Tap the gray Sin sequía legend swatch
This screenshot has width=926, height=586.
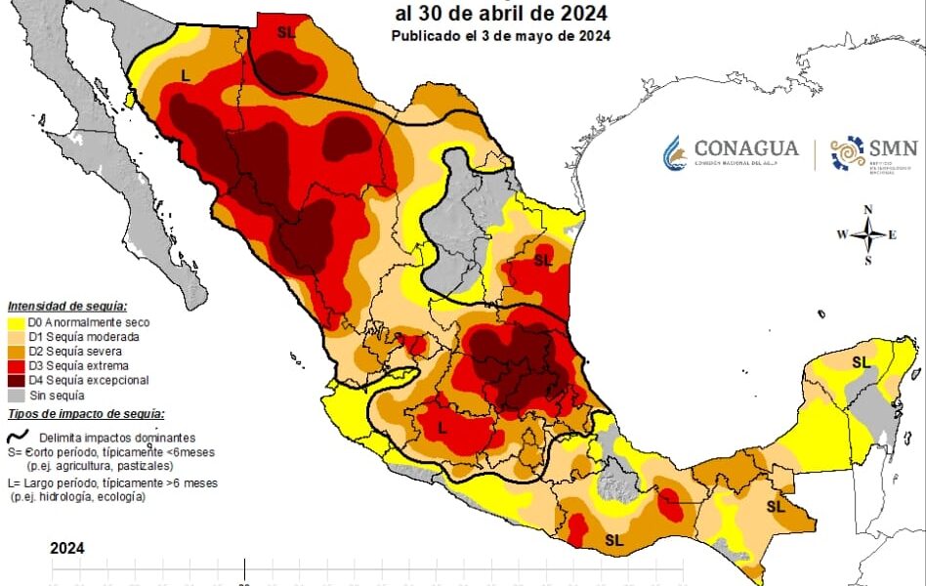(16, 396)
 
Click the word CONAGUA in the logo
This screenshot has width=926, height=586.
(746, 148)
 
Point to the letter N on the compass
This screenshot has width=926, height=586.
(867, 210)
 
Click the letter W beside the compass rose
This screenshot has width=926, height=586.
(841, 234)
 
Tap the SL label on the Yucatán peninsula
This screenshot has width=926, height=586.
(861, 362)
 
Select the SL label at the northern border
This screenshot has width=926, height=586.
(285, 32)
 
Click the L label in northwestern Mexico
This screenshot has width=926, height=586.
(186, 75)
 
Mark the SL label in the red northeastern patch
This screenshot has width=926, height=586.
(543, 261)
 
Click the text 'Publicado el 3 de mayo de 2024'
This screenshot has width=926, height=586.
(501, 36)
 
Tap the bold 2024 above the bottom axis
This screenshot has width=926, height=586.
(67, 548)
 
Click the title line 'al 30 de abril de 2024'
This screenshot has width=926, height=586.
(501, 14)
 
